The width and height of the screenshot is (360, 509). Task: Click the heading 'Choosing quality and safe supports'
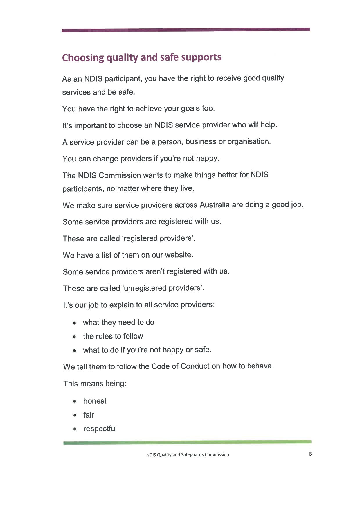click(x=142, y=57)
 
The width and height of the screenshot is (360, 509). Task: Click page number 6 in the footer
click(x=310, y=454)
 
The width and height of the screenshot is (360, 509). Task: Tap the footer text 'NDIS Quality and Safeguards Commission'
click(x=188, y=454)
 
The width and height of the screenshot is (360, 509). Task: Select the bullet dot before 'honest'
click(x=75, y=401)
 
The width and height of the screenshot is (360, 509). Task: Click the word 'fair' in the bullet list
click(x=89, y=415)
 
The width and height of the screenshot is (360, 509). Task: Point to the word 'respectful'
click(x=100, y=429)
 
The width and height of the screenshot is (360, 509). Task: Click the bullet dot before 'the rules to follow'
click(x=75, y=337)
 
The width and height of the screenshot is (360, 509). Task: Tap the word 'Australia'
click(x=215, y=205)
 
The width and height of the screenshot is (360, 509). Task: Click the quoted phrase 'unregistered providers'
click(x=163, y=288)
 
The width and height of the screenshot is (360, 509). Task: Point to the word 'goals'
click(x=190, y=109)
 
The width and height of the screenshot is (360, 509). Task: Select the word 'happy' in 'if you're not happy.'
click(x=207, y=159)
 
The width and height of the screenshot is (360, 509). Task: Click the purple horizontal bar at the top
click(x=186, y=30)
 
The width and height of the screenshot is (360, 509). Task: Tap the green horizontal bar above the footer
click(x=187, y=442)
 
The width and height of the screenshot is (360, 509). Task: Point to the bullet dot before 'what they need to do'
click(x=75, y=323)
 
